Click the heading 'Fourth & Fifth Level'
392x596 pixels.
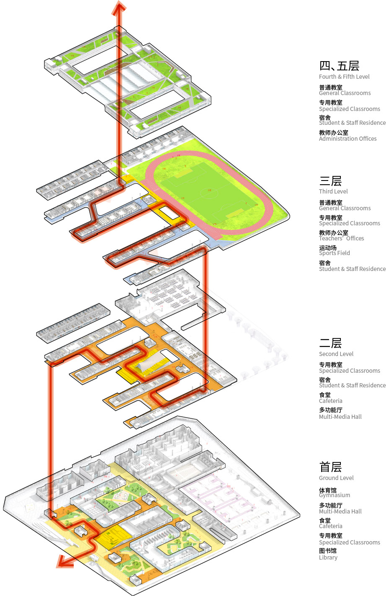point(344,77)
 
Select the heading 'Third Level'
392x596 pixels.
point(333,191)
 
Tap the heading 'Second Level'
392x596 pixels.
point(336,354)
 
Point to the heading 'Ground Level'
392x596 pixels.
point(336,478)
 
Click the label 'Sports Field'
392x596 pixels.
point(334,253)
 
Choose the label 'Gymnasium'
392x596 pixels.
point(334,495)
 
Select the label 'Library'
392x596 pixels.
point(328,557)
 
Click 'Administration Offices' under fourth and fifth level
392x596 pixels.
point(348,139)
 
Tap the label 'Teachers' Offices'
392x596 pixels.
point(341,238)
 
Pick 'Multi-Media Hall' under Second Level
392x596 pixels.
point(340,417)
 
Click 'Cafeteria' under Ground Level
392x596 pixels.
point(330,526)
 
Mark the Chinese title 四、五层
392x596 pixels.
point(339,66)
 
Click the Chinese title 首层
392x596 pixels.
point(330,467)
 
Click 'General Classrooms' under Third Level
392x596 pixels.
point(345,208)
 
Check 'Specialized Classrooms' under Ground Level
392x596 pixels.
point(349,542)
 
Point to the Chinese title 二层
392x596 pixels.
point(330,343)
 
